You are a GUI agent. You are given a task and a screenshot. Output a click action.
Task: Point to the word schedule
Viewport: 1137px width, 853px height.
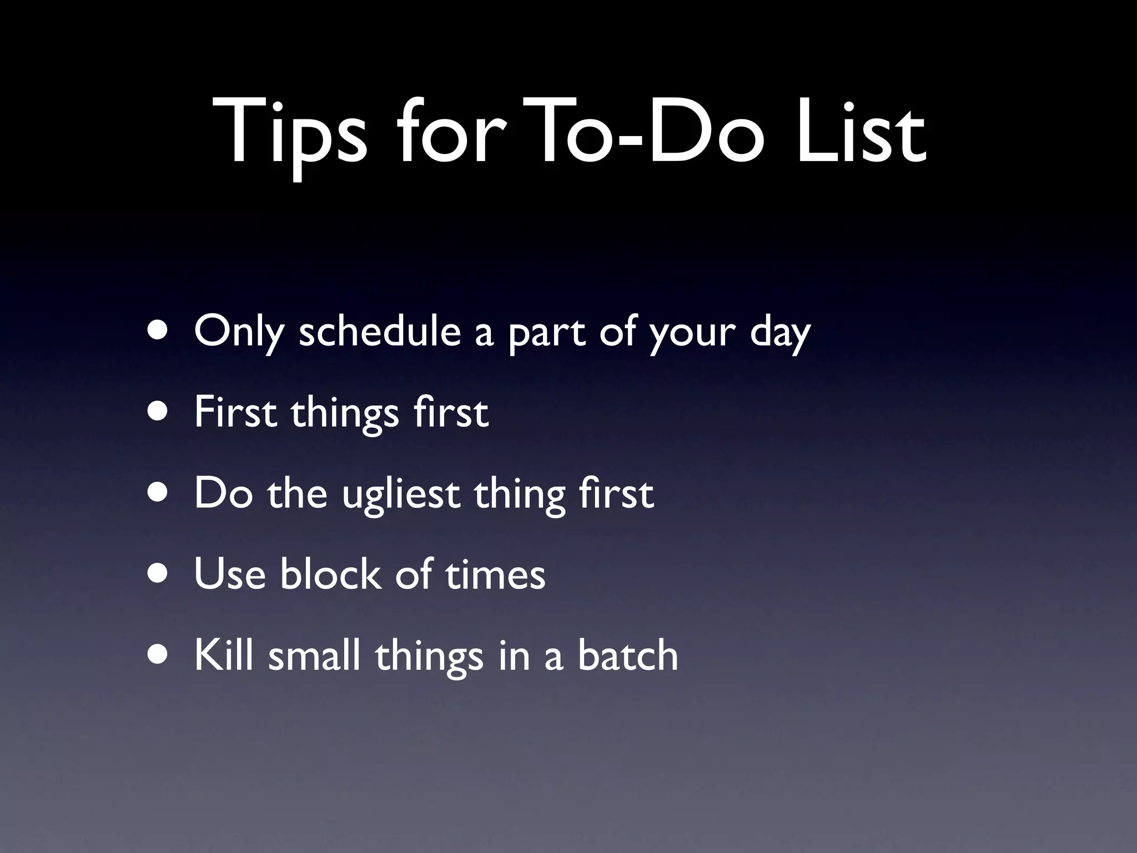[380, 332]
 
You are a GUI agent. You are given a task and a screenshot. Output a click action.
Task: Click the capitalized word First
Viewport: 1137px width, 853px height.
[235, 413]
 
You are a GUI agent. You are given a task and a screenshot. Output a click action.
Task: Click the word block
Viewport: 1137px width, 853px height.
[331, 574]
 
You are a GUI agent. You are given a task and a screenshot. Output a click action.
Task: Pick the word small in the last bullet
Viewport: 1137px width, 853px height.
[314, 655]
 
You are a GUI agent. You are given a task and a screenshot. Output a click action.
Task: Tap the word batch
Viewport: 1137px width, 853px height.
[627, 655]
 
